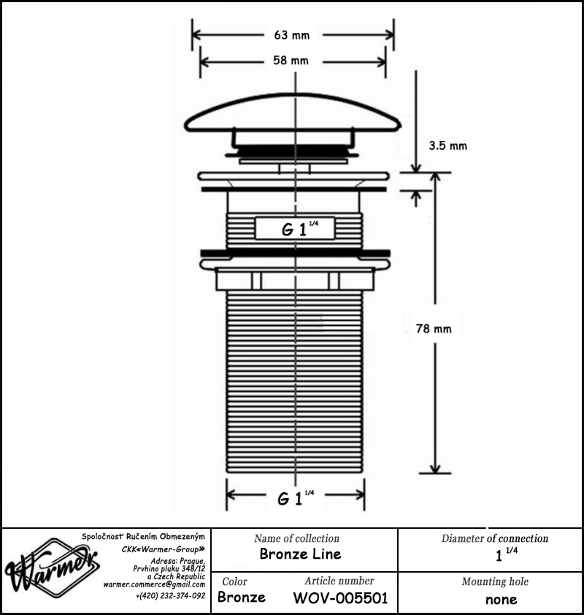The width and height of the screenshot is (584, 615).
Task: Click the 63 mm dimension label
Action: click(292, 35)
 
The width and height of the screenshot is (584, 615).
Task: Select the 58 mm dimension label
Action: click(291, 61)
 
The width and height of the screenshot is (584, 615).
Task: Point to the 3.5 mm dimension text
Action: click(448, 146)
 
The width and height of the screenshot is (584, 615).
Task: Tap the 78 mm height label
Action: click(434, 329)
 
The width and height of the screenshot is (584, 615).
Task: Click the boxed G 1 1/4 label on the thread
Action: click(295, 229)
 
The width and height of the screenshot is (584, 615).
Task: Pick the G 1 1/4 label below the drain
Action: click(296, 498)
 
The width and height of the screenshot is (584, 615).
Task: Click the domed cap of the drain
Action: click(293, 112)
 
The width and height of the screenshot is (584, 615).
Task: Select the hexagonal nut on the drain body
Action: click(295, 279)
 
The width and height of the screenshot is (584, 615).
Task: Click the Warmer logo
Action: click(52, 567)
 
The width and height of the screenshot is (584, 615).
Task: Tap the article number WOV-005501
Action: click(340, 598)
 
